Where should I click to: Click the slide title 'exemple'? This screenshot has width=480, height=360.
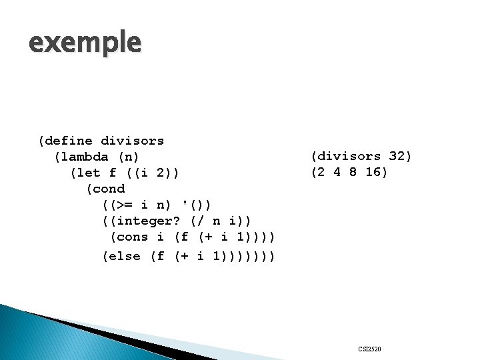tap(85, 43)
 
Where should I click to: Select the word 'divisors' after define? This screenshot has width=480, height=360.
tap(132, 141)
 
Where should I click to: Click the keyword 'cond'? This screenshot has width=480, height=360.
tap(109, 189)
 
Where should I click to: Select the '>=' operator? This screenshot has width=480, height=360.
tap(121, 205)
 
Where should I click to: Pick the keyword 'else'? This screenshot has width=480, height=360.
tap(125, 256)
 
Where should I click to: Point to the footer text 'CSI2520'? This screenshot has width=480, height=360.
tap(369, 349)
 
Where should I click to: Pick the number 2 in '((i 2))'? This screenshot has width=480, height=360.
tap(163, 173)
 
